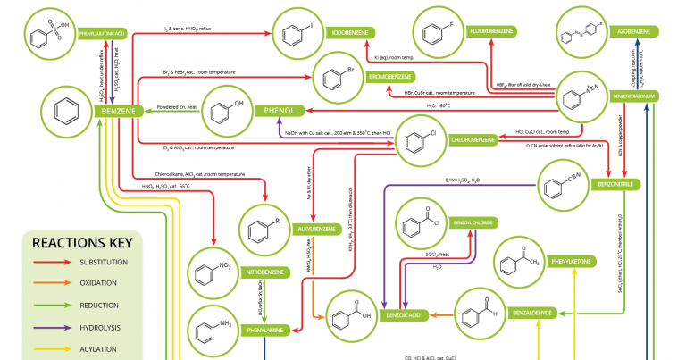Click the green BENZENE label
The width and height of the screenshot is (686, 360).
click(118, 112)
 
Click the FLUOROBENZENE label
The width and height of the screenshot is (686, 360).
click(490, 32)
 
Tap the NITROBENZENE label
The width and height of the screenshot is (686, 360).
click(267, 271)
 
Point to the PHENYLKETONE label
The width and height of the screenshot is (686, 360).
click(573, 262)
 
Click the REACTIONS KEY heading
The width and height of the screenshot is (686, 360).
click(81, 242)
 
